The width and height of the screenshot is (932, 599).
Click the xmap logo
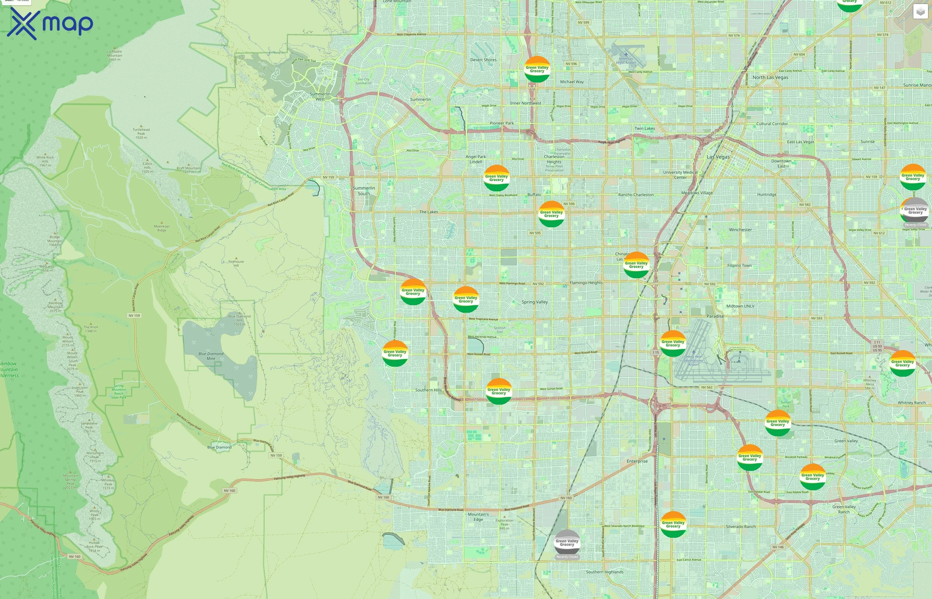click(x=50, y=23)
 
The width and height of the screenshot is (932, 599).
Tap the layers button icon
click(x=920, y=12)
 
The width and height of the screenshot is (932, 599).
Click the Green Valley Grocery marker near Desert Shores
click(x=537, y=69)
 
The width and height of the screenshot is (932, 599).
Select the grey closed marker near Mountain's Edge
click(x=567, y=543)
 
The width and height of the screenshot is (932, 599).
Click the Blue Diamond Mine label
click(x=211, y=356)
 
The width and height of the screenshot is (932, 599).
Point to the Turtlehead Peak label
click(x=141, y=133)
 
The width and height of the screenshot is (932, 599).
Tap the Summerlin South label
click(x=364, y=191)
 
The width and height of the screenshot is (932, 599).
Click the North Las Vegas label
click(x=770, y=78)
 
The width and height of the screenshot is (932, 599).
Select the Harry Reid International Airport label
click(x=694, y=361)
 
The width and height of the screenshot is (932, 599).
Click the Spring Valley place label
click(x=535, y=302)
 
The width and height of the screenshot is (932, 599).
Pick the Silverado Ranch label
click(x=741, y=527)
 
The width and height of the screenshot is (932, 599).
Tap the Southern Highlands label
click(x=604, y=572)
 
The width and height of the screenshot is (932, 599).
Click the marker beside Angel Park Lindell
click(x=496, y=178)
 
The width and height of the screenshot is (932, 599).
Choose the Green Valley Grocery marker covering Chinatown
click(x=636, y=265)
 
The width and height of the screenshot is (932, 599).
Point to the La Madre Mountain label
click(x=115, y=55)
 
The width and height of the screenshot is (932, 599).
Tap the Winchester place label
click(x=740, y=230)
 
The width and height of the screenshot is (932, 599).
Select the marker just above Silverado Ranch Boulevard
click(x=673, y=525)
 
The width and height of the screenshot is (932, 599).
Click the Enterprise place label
click(x=637, y=461)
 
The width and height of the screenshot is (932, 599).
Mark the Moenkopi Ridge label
click(x=161, y=228)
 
